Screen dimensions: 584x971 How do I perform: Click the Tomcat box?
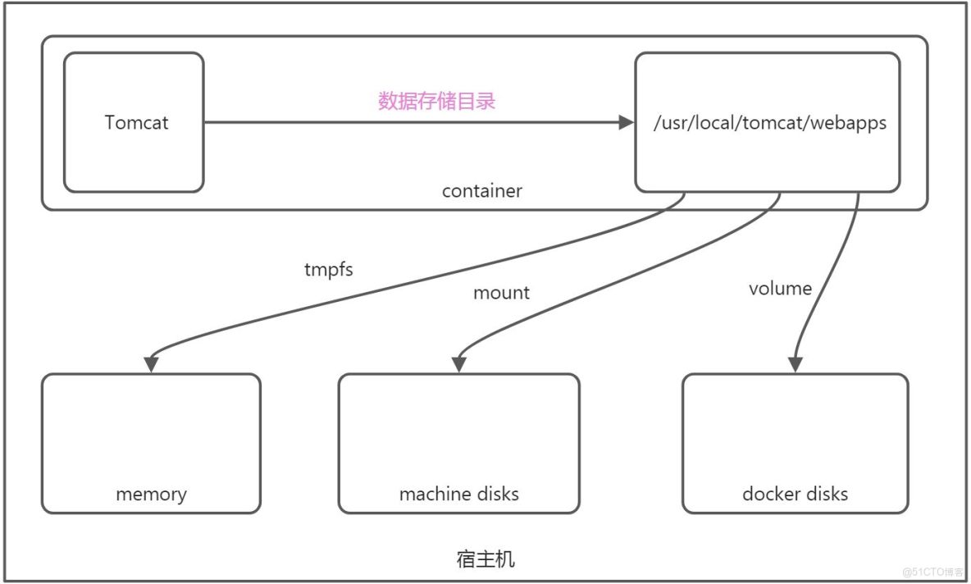(x=134, y=156)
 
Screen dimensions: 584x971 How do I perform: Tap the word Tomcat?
(x=137, y=122)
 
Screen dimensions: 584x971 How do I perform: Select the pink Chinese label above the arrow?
(x=436, y=102)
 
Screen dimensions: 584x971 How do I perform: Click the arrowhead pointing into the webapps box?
(x=627, y=123)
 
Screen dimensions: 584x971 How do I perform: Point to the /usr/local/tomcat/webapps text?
(x=769, y=124)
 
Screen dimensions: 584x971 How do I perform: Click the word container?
(x=481, y=191)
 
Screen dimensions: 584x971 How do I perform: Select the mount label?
(x=501, y=293)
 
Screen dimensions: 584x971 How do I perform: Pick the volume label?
(x=780, y=288)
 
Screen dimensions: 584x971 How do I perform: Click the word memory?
(x=151, y=495)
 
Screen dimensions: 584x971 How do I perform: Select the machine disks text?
(x=458, y=494)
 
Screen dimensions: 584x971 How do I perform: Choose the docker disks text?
(x=795, y=494)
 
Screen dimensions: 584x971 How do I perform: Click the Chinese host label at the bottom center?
(x=485, y=559)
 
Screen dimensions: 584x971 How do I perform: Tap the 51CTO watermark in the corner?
(x=933, y=571)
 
